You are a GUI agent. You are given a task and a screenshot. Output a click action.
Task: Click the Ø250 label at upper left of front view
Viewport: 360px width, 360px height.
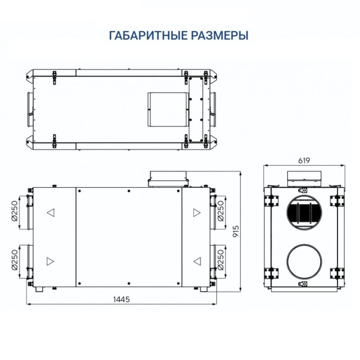click(x=15, y=211)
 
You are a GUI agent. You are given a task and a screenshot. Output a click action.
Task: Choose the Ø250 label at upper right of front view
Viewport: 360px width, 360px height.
click(x=220, y=211)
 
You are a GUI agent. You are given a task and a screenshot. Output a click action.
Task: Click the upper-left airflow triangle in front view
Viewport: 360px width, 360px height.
click(x=50, y=212)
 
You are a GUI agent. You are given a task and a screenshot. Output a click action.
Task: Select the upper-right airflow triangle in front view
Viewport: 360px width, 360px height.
click(x=196, y=212)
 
